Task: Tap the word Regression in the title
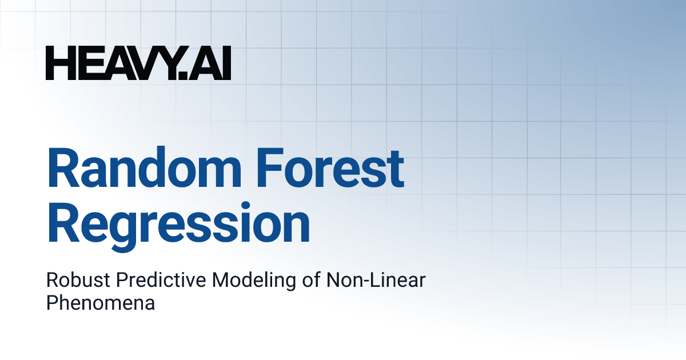pyautogui.click(x=178, y=224)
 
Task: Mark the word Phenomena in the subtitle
pyautogui.click(x=101, y=302)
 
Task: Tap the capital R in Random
pyautogui.click(x=63, y=169)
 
